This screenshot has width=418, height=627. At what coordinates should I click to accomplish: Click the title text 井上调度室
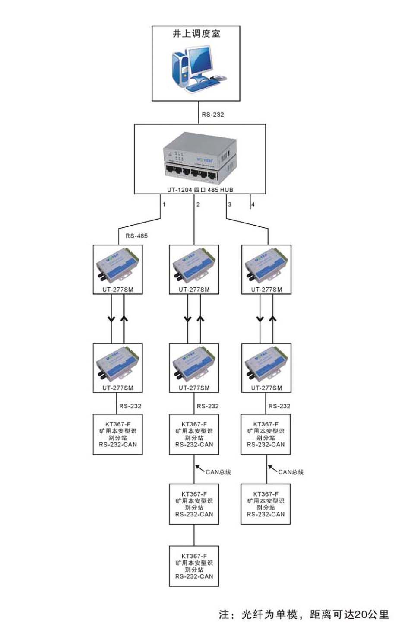point(196,34)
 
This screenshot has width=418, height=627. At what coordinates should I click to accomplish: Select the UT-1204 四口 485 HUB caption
point(200,190)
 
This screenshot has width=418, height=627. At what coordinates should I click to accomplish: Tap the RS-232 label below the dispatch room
point(213,115)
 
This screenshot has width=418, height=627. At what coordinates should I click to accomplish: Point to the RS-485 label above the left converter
point(136,236)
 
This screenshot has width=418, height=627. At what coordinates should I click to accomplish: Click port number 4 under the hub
point(253,204)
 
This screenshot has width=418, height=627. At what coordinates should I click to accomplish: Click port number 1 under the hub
point(164,204)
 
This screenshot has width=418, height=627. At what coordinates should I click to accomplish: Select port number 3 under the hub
point(230,204)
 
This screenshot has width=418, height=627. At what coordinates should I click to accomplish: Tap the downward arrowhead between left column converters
point(111,319)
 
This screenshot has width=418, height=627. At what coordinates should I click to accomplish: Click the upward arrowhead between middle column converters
point(200,319)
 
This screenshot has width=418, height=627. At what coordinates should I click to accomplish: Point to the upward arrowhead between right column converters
point(272,319)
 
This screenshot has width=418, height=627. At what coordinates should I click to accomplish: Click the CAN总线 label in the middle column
point(218,472)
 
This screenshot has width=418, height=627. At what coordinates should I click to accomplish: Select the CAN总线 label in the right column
point(291,472)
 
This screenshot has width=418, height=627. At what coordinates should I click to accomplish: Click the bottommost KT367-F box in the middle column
point(194,566)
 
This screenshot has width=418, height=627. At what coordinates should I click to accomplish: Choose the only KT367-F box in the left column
point(118,434)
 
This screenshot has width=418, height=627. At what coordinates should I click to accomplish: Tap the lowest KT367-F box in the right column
point(266,504)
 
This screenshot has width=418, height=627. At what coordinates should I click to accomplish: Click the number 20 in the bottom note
point(360,614)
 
